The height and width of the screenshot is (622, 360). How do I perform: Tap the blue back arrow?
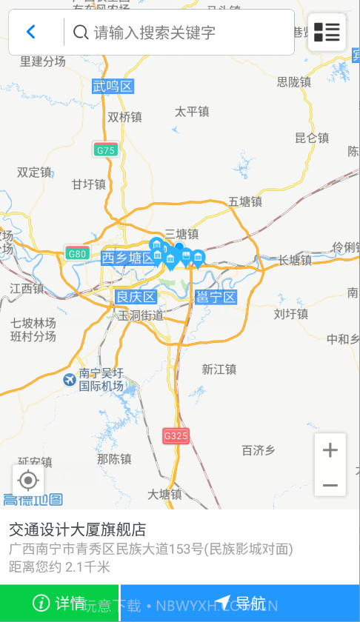tap(31, 32)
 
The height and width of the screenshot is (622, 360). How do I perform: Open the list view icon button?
tap(327, 32)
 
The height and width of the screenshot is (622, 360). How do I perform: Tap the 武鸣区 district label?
tap(113, 87)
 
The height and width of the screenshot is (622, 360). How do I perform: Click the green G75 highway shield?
tap(106, 150)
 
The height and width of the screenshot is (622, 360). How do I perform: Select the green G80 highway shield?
tap(77, 253)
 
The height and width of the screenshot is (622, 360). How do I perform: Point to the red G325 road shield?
tap(176, 435)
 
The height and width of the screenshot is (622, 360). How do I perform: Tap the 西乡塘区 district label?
tap(128, 258)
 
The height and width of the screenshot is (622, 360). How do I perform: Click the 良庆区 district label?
tap(136, 297)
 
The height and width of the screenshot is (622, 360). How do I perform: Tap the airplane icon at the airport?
tap(70, 380)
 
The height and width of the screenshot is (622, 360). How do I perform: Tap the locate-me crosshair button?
tap(28, 481)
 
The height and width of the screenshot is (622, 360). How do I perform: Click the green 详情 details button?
tap(59, 603)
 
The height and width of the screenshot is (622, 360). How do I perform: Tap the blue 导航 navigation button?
tap(240, 603)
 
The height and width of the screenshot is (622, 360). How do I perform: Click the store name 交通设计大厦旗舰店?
tap(77, 529)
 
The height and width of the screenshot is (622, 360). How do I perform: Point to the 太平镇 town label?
tap(192, 112)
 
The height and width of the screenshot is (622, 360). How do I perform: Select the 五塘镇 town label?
tap(245, 201)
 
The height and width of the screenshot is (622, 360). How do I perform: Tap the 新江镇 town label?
tap(219, 369)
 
